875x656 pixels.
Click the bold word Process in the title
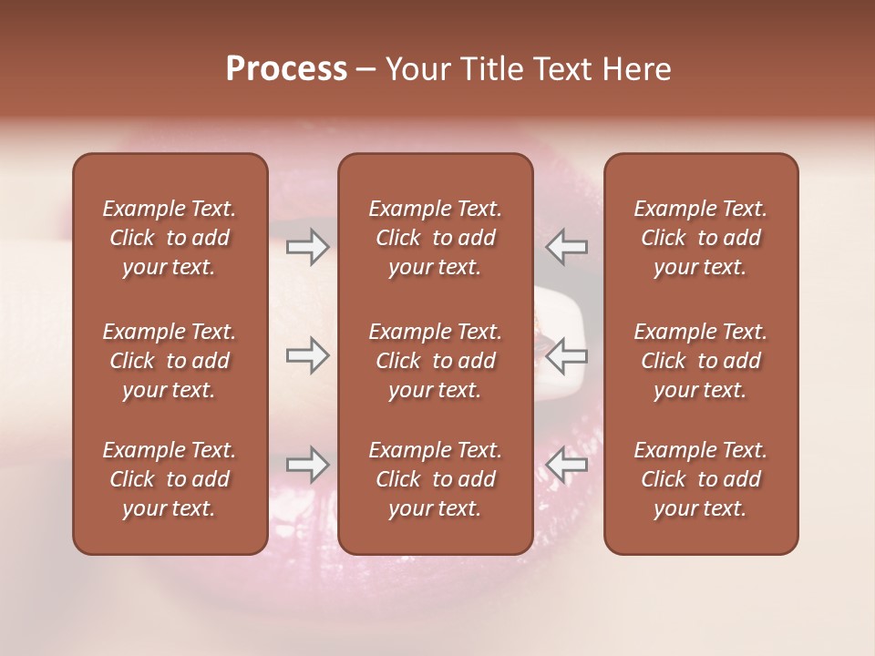(x=286, y=69)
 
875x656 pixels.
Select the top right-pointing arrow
(x=308, y=246)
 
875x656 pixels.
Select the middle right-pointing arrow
(x=308, y=355)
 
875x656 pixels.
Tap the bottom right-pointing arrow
(x=308, y=465)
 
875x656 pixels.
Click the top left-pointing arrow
(x=566, y=246)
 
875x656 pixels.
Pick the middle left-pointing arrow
(x=566, y=355)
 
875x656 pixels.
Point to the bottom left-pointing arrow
(x=566, y=465)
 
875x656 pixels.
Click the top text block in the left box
(x=170, y=238)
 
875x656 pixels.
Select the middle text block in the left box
(x=170, y=361)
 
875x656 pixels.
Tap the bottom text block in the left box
(x=170, y=479)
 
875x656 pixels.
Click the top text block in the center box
(x=436, y=238)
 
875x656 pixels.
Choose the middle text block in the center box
(x=436, y=361)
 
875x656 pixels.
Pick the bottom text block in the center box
(x=436, y=479)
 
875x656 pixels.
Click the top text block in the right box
(x=701, y=238)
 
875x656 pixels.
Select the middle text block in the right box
(x=701, y=361)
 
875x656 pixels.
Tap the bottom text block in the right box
(x=701, y=479)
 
